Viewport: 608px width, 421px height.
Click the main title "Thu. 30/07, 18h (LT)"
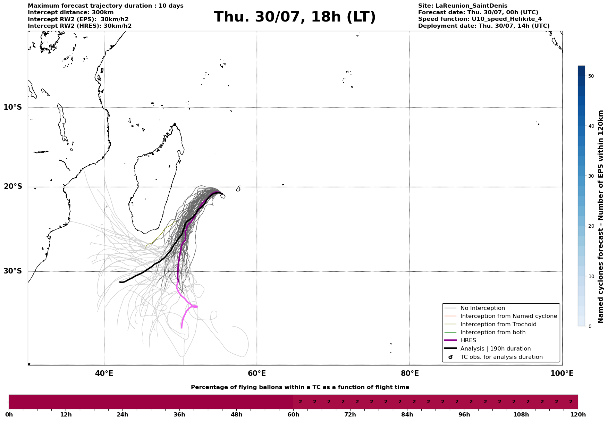[x=295, y=17]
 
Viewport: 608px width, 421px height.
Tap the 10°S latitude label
[x=13, y=107]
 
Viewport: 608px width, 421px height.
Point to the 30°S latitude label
[x=13, y=271]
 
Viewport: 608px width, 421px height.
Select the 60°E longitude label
[x=257, y=373]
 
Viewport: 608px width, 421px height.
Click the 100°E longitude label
[x=562, y=373]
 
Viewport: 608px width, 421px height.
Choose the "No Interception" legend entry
[x=474, y=308]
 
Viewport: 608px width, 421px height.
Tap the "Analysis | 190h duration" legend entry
[x=487, y=349]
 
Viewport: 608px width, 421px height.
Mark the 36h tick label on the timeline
[x=179, y=414]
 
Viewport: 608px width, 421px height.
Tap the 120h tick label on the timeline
[x=578, y=414]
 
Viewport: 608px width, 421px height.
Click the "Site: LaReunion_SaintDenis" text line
[x=463, y=6]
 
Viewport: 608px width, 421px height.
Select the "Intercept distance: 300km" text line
[x=71, y=12]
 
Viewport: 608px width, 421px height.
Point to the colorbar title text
[x=601, y=217]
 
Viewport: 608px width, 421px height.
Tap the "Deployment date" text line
[x=484, y=26]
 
